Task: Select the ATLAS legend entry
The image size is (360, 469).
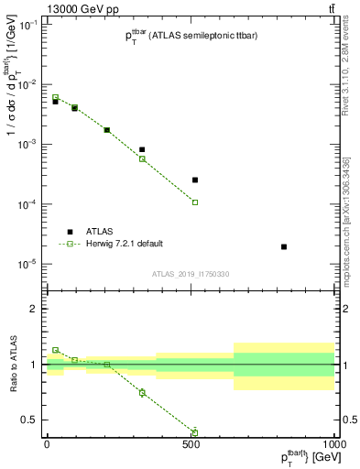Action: pos(71,232)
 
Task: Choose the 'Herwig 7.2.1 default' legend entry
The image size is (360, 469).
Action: pos(71,244)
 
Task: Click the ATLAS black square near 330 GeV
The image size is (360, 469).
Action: pos(142,149)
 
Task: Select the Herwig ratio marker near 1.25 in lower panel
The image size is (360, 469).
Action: pos(55,350)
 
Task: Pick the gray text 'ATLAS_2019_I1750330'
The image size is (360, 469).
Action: pos(190,274)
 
